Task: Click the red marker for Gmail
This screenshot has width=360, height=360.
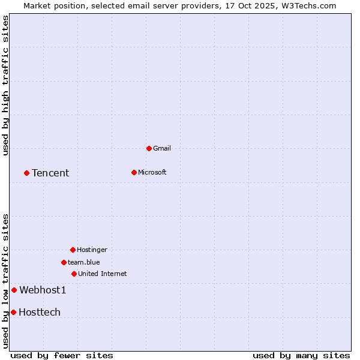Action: point(149,148)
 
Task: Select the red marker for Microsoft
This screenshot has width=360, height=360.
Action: point(134,172)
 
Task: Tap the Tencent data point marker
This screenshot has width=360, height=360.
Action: point(26,173)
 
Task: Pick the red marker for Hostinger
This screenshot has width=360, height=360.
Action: point(73,250)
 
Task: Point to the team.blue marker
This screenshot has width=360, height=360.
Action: point(64,262)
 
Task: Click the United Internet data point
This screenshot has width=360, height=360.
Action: point(74,274)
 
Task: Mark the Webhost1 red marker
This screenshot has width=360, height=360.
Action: point(14,290)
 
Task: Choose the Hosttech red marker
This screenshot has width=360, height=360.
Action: point(13,312)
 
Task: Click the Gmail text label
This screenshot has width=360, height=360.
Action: point(162,148)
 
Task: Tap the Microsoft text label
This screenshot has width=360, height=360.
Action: point(152,172)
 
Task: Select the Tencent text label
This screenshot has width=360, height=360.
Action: point(50,173)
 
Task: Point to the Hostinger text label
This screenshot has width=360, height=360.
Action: point(92,250)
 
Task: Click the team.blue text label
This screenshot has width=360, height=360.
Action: point(84,262)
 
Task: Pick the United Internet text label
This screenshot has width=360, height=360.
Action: point(103,274)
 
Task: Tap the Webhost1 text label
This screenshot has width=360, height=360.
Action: point(43,290)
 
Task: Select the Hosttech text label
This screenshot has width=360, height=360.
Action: point(40,312)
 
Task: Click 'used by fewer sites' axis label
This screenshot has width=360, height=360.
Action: point(62,355)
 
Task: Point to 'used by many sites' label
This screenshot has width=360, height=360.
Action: point(301,355)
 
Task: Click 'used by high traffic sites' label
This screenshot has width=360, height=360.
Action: point(5,85)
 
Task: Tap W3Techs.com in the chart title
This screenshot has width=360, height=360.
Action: point(308,5)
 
